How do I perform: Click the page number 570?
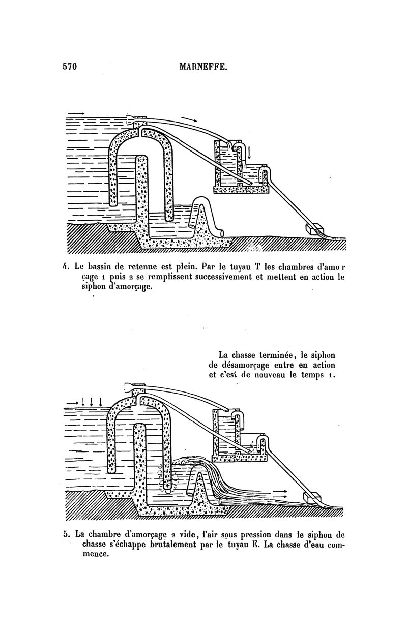[70, 67]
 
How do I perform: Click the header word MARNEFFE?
[203, 67]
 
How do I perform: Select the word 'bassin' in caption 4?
[98, 266]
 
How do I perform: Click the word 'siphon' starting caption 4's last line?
[93, 287]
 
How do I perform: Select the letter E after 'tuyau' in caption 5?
[254, 544]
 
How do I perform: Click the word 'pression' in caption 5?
[250, 534]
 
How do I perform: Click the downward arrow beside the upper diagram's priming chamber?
[249, 153]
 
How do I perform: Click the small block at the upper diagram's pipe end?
[314, 228]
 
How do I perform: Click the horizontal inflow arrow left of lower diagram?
[72, 402]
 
